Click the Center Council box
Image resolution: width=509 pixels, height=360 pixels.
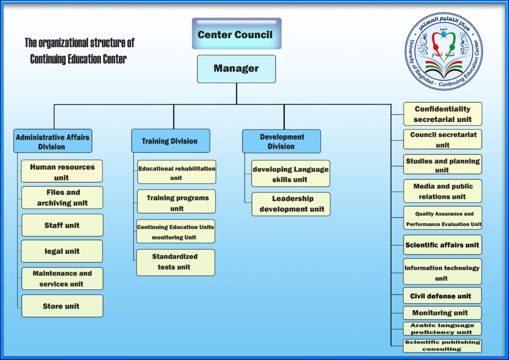tap(236, 34)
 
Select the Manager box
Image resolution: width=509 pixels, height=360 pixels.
tap(236, 69)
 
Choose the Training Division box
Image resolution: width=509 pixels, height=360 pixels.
tap(170, 141)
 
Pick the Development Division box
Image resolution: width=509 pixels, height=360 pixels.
tap(281, 141)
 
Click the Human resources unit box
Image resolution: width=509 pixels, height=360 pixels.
tap(62, 172)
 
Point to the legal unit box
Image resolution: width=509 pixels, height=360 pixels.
tap(62, 251)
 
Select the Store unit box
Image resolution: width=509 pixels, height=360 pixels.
tap(62, 306)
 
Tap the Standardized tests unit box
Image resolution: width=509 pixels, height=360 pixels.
tap(176, 262)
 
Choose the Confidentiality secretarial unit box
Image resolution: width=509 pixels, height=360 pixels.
tap(442, 114)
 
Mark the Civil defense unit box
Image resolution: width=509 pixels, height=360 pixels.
tap(442, 295)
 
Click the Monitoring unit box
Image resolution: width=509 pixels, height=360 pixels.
tap(442, 313)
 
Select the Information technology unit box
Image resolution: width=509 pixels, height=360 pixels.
tap(442, 272)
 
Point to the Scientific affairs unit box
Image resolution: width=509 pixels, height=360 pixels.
tap(442, 245)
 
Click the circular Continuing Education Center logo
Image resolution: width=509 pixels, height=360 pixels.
tap(444, 51)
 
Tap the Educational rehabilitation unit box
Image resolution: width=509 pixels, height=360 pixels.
tap(176, 173)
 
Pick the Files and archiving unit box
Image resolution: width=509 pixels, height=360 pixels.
tap(62, 197)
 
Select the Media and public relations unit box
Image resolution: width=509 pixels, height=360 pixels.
tap(442, 191)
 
